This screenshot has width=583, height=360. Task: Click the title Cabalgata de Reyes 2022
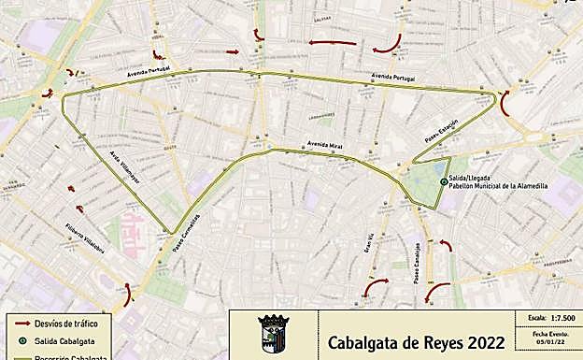tap(417, 341)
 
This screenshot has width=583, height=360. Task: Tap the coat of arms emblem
tap(273, 334)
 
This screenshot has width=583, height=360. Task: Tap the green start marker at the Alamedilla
tap(443, 181)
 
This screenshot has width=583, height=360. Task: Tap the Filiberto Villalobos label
tap(85, 239)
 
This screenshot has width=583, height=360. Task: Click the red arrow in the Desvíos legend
tap(21, 323)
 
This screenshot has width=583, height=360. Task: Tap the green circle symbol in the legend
tap(21, 339)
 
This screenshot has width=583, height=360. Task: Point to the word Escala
tap(535, 318)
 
